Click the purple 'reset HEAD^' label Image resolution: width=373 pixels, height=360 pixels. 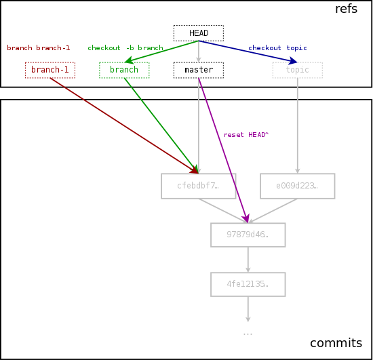(x=246, y=135)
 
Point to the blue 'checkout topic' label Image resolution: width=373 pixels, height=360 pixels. (x=277, y=47)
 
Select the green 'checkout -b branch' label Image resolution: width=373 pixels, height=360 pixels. (x=125, y=47)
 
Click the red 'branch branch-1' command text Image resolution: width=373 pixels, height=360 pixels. (x=39, y=47)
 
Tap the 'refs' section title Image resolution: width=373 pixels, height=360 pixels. (x=346, y=9)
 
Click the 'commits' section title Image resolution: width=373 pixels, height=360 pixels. (x=336, y=343)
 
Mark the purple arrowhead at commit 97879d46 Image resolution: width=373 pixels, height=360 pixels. (x=246, y=218)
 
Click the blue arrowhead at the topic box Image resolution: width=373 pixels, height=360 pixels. (x=292, y=61)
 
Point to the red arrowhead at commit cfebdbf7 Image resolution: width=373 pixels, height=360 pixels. (x=194, y=169)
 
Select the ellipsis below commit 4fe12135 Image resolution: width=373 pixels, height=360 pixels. (x=248, y=334)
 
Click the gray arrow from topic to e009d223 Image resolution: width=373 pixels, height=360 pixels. (x=297, y=125)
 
